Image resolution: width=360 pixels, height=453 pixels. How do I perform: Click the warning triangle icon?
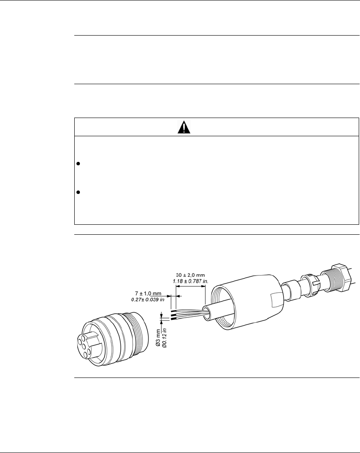184,127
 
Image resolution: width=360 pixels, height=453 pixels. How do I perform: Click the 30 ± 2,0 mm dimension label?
190,276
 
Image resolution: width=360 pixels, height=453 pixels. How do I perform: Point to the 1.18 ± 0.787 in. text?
191,281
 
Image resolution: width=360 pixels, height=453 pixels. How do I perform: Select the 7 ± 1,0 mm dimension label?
148,294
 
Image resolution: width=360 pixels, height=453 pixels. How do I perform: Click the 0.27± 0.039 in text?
148,299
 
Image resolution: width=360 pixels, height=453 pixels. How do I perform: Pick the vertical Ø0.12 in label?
164,338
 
